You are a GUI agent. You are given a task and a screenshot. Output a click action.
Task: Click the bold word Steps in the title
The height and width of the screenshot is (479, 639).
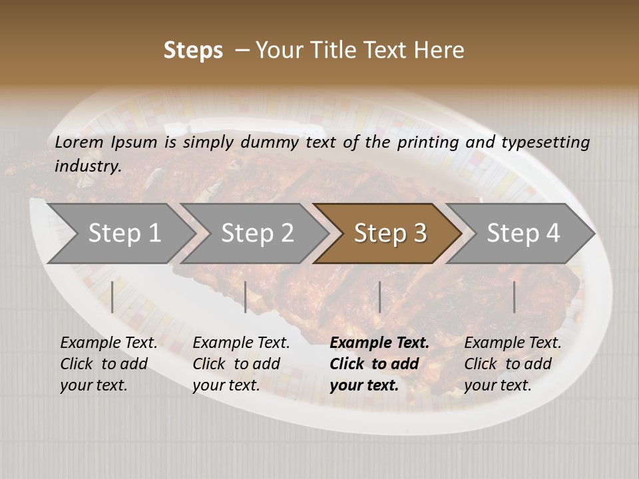click(x=193, y=50)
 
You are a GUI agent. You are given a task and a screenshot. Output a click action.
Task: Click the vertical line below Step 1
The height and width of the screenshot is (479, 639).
click(x=112, y=297)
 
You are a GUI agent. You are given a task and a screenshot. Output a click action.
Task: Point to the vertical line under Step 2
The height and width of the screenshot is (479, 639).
click(x=246, y=297)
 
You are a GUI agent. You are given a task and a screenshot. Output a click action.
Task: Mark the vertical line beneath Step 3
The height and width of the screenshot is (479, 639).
click(x=379, y=297)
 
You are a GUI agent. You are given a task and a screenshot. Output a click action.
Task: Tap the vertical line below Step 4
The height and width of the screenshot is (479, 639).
click(x=514, y=297)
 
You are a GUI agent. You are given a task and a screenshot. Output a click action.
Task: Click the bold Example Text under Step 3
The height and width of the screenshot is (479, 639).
click(x=379, y=343)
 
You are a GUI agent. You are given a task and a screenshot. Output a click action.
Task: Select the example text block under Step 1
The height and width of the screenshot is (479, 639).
click(x=108, y=364)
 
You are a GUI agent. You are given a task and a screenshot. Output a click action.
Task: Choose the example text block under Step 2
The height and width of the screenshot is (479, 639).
click(x=241, y=364)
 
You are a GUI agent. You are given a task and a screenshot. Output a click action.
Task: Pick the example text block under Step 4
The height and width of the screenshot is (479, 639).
click(x=513, y=364)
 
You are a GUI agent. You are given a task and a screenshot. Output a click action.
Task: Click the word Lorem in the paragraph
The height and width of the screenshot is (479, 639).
click(x=79, y=142)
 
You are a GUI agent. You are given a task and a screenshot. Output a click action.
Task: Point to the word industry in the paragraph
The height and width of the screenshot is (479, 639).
click(x=88, y=166)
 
